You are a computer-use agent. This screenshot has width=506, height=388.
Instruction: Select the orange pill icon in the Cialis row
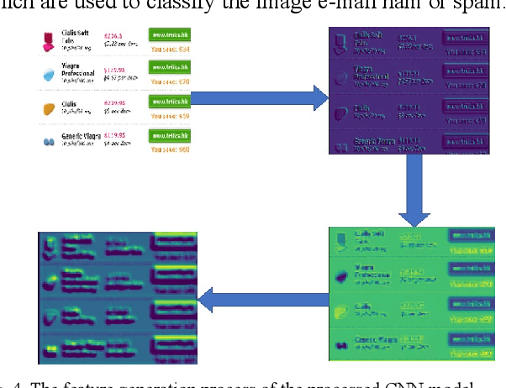pyautogui.click(x=48, y=108)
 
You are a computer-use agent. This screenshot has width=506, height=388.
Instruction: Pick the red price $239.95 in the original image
pyautogui.click(x=115, y=103)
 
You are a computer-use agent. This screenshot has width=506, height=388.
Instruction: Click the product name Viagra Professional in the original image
pyautogui.click(x=82, y=73)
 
